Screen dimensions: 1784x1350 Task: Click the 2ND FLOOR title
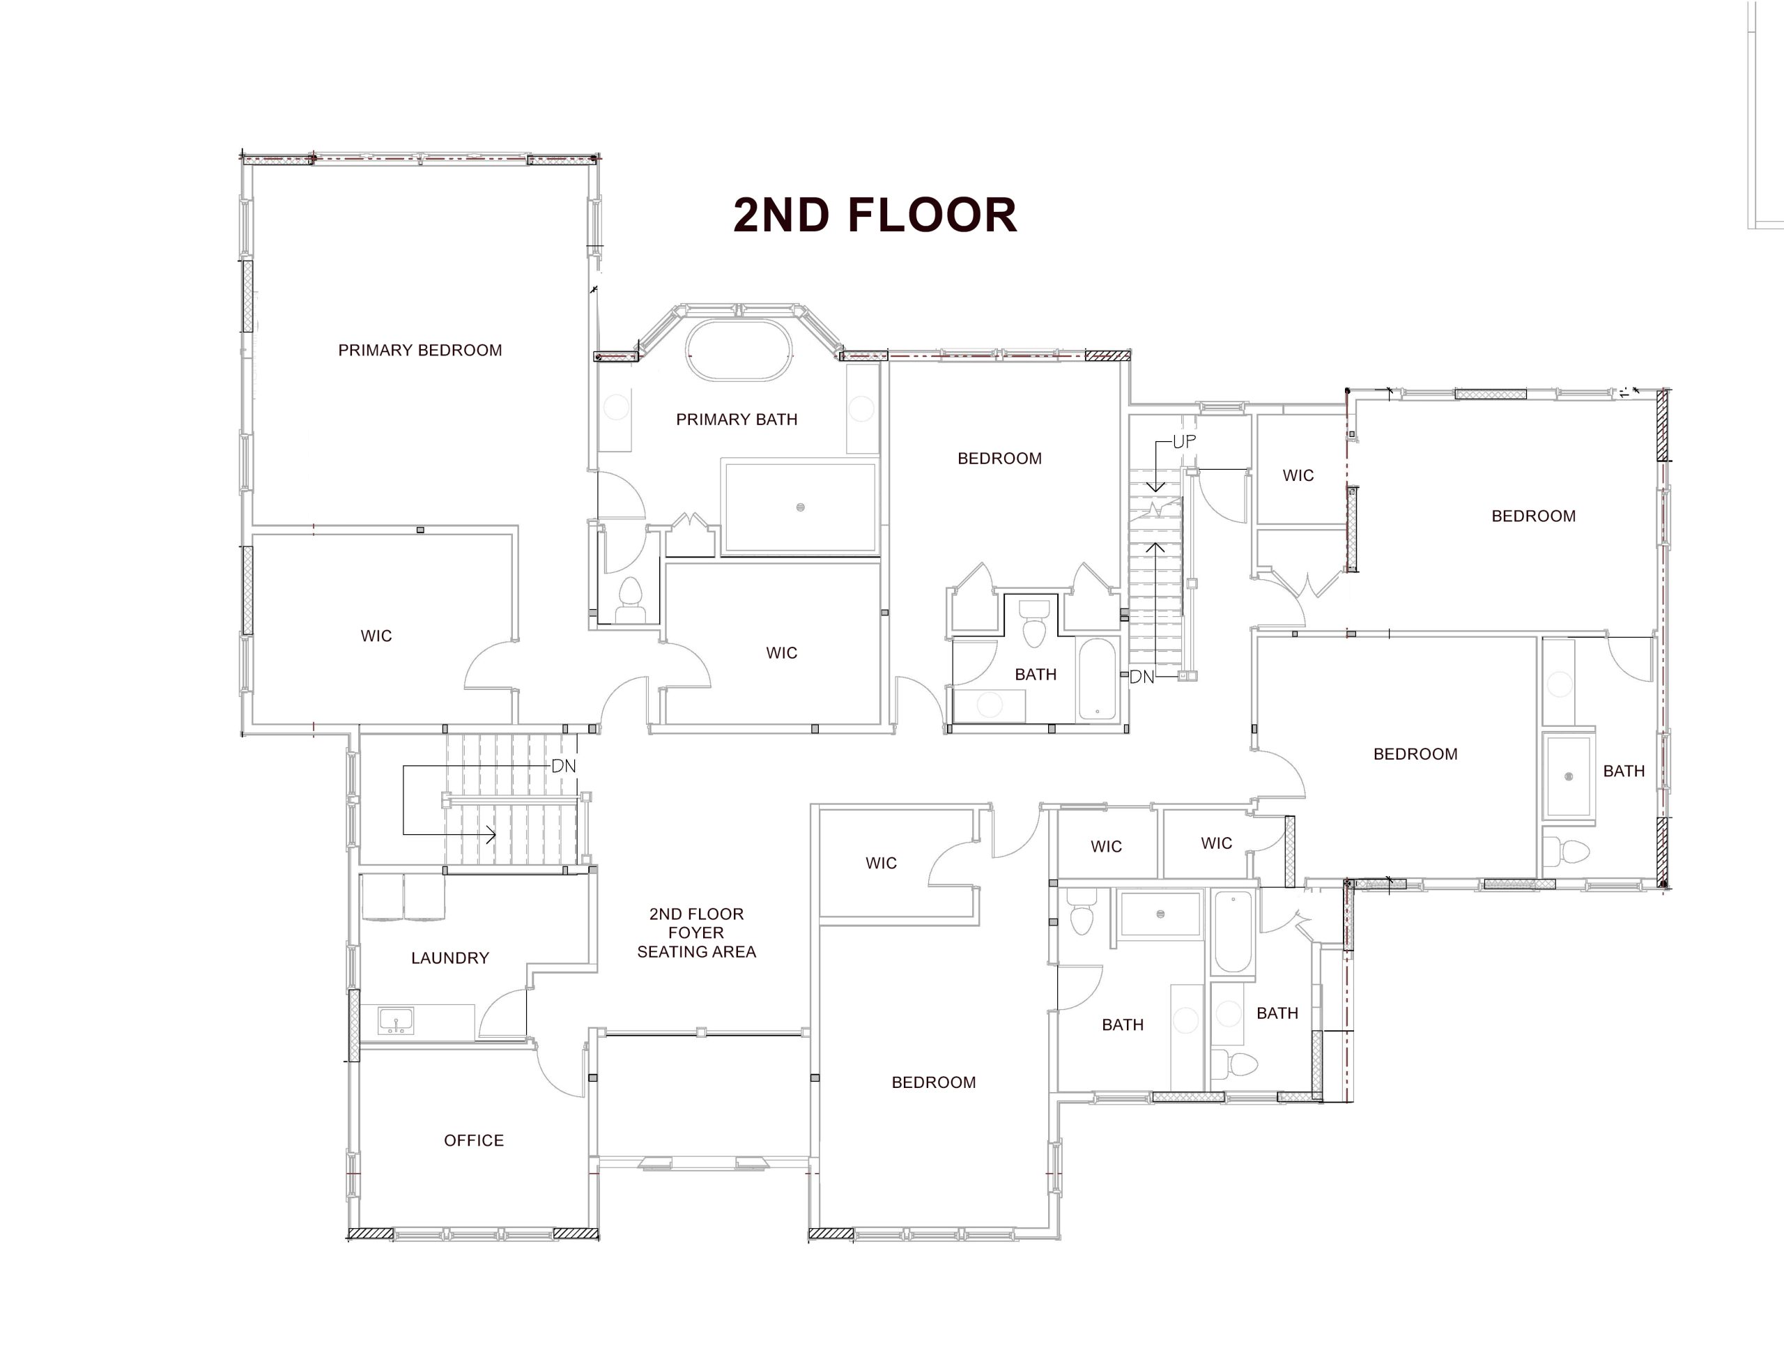pos(875,215)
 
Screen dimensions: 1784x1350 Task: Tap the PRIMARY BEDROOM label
pos(420,350)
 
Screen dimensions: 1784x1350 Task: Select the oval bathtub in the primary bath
pos(739,350)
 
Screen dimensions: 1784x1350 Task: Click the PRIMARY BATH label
pos(737,420)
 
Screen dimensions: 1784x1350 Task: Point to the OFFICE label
pos(473,1140)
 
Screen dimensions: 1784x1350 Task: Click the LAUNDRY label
pos(450,958)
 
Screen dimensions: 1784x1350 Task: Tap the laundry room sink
pos(396,1021)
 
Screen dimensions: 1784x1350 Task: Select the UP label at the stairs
pos(1184,442)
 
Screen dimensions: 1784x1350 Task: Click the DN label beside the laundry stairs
pos(564,766)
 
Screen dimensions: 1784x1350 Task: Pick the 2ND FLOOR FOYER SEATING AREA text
pos(696,933)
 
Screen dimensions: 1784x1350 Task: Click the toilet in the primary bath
pos(630,600)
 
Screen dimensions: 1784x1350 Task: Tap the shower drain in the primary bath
pos(800,507)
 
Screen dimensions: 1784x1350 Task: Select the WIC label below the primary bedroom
pos(376,636)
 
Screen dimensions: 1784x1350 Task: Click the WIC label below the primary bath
pos(781,653)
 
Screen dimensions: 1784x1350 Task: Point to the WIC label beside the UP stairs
pos(1298,476)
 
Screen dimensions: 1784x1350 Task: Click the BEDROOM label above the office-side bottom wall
pos(933,1082)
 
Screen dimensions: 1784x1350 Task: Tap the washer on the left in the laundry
pos(383,897)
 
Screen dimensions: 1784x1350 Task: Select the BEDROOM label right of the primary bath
pos(999,459)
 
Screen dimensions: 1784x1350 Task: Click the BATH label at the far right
pos(1624,771)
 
